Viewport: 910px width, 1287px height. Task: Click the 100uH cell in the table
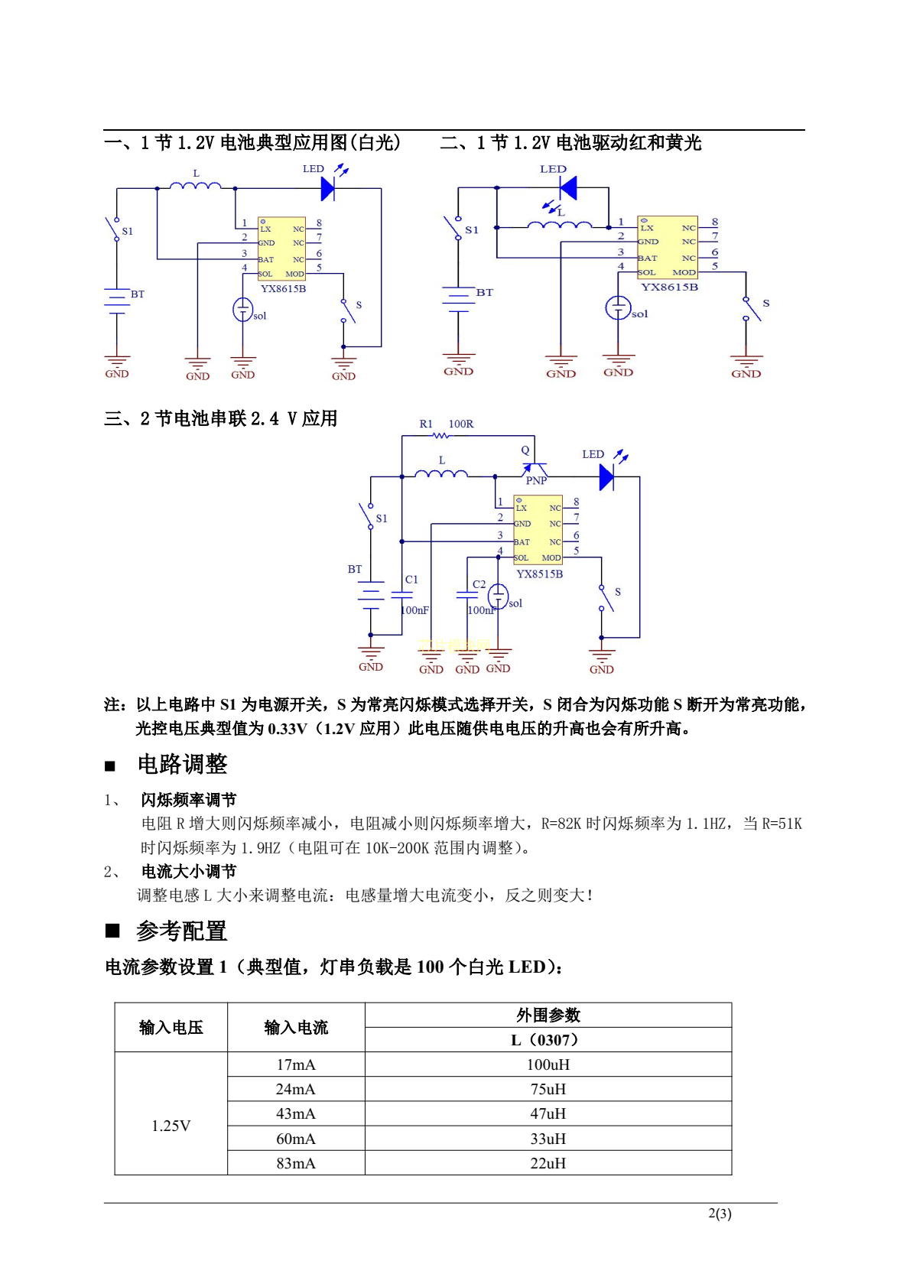point(548,1064)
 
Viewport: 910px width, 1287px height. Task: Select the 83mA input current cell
point(295,1163)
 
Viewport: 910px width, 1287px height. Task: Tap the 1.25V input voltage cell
point(171,1126)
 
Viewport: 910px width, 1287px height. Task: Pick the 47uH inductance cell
point(548,1113)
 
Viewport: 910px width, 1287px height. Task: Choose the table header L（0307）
point(548,1040)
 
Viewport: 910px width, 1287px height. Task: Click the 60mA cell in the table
point(295,1139)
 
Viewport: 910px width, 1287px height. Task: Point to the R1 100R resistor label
point(447,424)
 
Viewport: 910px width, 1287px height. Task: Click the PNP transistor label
point(536,480)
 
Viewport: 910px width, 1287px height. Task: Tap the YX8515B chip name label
point(539,574)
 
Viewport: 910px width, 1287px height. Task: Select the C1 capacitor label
point(411,580)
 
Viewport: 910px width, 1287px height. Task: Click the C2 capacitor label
point(479,584)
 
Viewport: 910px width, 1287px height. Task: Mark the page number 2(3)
point(720,1214)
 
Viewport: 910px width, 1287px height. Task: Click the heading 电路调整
point(182,764)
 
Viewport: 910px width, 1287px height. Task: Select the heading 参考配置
point(182,931)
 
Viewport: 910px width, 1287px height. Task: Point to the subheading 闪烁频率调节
point(189,800)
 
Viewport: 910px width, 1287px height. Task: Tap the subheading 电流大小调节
point(189,872)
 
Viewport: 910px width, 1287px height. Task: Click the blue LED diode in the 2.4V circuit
point(606,478)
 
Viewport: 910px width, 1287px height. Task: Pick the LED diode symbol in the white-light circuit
point(328,188)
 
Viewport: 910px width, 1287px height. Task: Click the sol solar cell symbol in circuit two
point(618,308)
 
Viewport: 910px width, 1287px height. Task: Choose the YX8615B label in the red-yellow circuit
point(669,288)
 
